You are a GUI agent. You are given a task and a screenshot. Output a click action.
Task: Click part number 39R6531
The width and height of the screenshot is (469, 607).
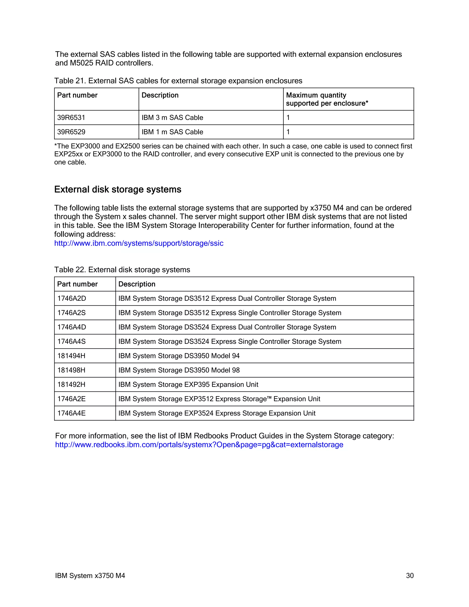tap(71, 118)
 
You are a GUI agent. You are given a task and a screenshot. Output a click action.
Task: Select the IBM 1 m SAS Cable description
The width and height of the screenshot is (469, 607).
tap(172, 132)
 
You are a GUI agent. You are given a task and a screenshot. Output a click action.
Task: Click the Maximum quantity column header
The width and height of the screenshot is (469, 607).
tap(327, 99)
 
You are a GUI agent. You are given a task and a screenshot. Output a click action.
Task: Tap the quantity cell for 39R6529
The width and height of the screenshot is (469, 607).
tap(288, 132)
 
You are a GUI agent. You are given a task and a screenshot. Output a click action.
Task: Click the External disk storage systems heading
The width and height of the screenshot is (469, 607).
tap(117, 190)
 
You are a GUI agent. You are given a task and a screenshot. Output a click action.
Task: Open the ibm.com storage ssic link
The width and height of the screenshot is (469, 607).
tap(139, 243)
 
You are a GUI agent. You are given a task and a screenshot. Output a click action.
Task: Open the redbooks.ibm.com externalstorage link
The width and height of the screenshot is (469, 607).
tap(199, 445)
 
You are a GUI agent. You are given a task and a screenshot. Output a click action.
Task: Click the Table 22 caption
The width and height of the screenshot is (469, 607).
tap(122, 270)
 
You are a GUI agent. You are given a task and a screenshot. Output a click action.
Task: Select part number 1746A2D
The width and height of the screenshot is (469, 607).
tap(72, 298)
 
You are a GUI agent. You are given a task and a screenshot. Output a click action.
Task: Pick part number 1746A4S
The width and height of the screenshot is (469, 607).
tap(71, 342)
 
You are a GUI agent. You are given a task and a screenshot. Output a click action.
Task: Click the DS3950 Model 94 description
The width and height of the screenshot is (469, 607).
tap(179, 356)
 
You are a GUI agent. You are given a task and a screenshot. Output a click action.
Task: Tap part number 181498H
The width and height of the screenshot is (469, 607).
tap(71, 370)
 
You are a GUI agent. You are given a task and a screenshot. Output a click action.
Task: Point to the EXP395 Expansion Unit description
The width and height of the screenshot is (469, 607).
tap(188, 385)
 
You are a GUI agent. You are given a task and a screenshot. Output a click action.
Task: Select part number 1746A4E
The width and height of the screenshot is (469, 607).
tap(71, 413)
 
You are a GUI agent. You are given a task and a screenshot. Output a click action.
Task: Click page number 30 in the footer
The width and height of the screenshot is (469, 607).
tap(409, 576)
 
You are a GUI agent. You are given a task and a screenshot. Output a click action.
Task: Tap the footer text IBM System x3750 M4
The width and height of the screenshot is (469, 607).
tap(90, 576)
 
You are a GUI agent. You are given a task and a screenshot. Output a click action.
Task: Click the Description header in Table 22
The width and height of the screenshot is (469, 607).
tap(137, 284)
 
